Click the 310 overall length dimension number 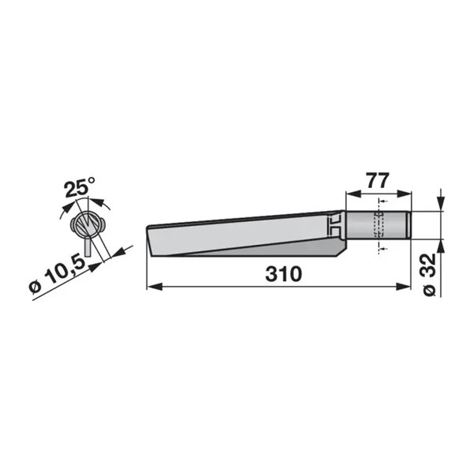tap(284, 274)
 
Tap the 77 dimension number tap(378, 180)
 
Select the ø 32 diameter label tap(429, 275)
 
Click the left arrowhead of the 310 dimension tap(154, 287)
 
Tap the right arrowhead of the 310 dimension tap(403, 287)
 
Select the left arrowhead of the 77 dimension tap(353, 194)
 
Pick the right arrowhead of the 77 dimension tap(404, 194)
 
